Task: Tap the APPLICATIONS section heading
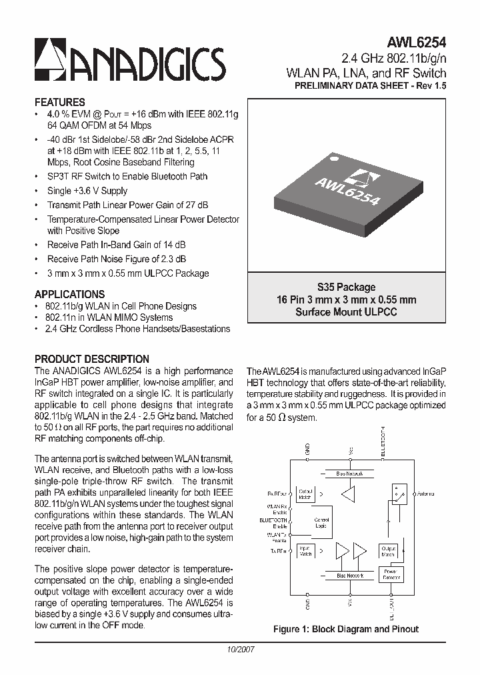69,294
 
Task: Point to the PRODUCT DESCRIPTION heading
91,359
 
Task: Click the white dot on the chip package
335,160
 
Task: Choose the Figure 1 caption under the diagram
346,629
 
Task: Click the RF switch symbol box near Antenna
399,494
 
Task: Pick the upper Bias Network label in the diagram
350,474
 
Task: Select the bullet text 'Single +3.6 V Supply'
87,191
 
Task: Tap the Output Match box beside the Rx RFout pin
305,494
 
